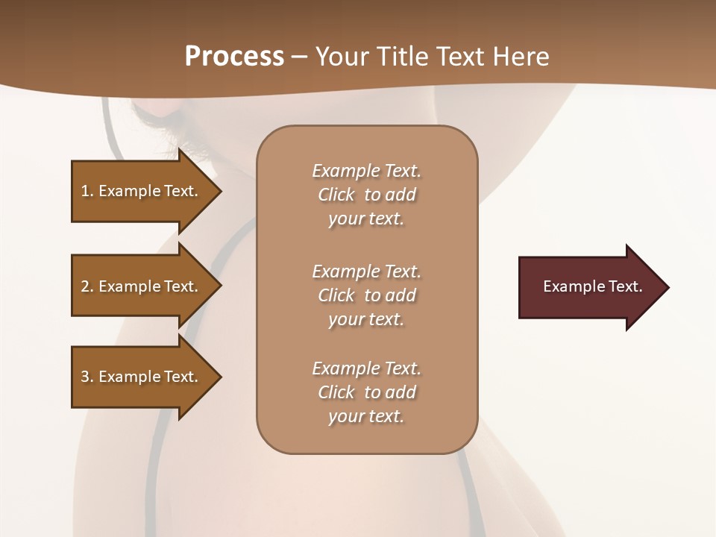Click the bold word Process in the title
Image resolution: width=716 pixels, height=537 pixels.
pyautogui.click(x=234, y=57)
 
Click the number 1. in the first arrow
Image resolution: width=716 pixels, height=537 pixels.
pyautogui.click(x=87, y=191)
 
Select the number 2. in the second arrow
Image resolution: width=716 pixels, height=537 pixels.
pyautogui.click(x=87, y=286)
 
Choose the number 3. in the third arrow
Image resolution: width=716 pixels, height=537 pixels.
pyautogui.click(x=87, y=377)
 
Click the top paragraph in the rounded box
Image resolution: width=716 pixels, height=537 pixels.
pyautogui.click(x=366, y=195)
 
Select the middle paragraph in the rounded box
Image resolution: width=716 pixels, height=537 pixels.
pyautogui.click(x=366, y=295)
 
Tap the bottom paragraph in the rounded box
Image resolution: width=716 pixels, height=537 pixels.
pyautogui.click(x=366, y=392)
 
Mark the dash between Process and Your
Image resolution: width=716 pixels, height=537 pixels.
pyautogui.click(x=300, y=57)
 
